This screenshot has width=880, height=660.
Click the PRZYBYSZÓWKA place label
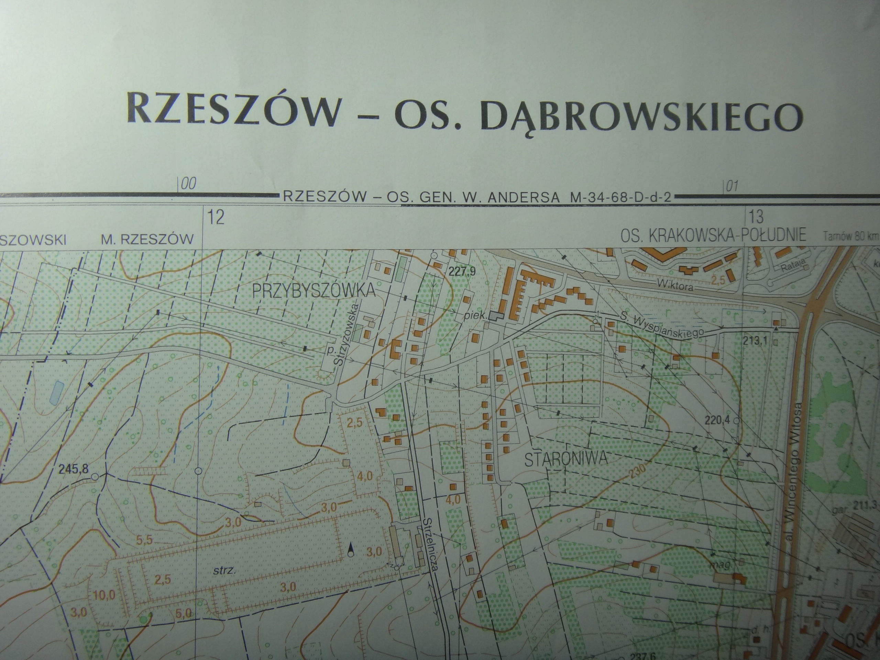314,291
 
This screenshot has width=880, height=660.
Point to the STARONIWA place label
566,459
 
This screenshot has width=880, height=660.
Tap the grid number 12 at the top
216,218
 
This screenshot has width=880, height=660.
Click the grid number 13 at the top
756,217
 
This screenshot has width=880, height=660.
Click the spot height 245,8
73,470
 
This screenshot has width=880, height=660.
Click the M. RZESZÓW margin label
147,239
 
